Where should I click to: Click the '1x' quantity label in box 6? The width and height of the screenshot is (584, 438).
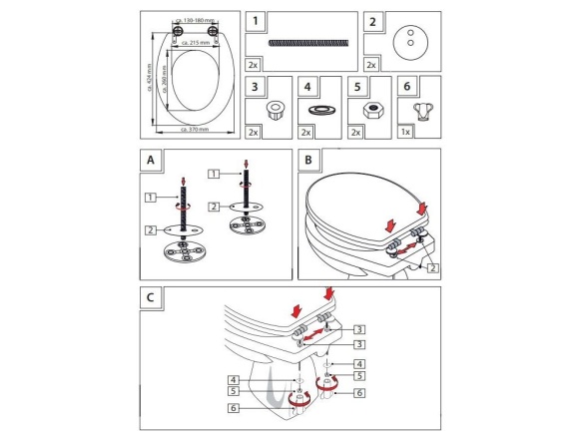click(405, 132)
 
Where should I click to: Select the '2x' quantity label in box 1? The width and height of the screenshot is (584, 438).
click(256, 64)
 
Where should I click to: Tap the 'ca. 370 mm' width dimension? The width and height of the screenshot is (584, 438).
click(194, 129)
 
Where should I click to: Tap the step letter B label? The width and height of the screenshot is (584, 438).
click(307, 158)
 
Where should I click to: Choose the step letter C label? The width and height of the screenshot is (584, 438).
click(149, 296)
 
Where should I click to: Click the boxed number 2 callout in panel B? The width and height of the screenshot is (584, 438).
click(432, 267)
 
